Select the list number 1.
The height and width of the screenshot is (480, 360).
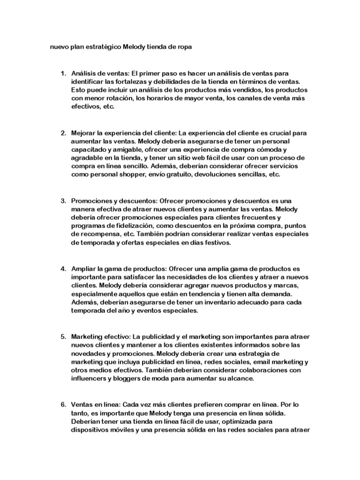[x=63, y=74]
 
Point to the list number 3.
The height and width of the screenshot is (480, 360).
[x=63, y=201]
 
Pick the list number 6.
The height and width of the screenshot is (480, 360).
[x=63, y=404]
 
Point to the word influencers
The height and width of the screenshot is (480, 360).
[x=91, y=379]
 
